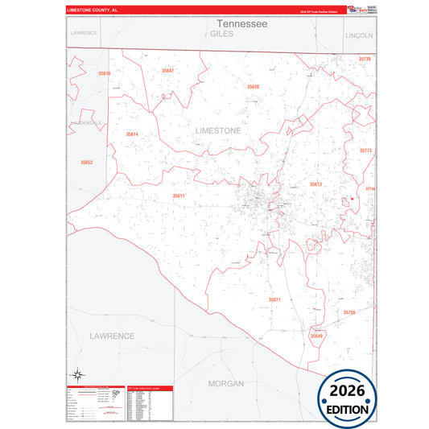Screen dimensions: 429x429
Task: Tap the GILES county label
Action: [x=221, y=35]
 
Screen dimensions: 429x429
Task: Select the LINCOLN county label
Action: [x=359, y=36]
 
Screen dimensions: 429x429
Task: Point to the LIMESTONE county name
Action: [x=218, y=130]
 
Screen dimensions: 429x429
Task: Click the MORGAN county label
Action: [x=225, y=383]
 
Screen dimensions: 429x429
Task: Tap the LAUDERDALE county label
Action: [x=87, y=122]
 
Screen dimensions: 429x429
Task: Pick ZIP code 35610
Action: [x=105, y=73]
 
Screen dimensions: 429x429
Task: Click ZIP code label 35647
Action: [x=167, y=71]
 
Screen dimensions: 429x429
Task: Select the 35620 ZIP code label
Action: [x=253, y=86]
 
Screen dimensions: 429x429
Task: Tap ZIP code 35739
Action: [x=365, y=60]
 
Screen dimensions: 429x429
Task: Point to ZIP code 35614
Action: [x=132, y=134]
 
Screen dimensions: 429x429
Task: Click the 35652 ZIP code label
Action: [x=86, y=163]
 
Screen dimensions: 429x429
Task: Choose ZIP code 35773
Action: [x=365, y=151]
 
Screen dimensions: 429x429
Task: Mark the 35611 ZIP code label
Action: [x=179, y=196]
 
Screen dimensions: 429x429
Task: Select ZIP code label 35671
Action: [x=274, y=299]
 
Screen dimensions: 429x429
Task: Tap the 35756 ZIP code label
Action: [x=349, y=311]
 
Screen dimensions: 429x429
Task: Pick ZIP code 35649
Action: [x=316, y=336]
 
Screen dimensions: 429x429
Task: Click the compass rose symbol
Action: [x=78, y=373]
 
